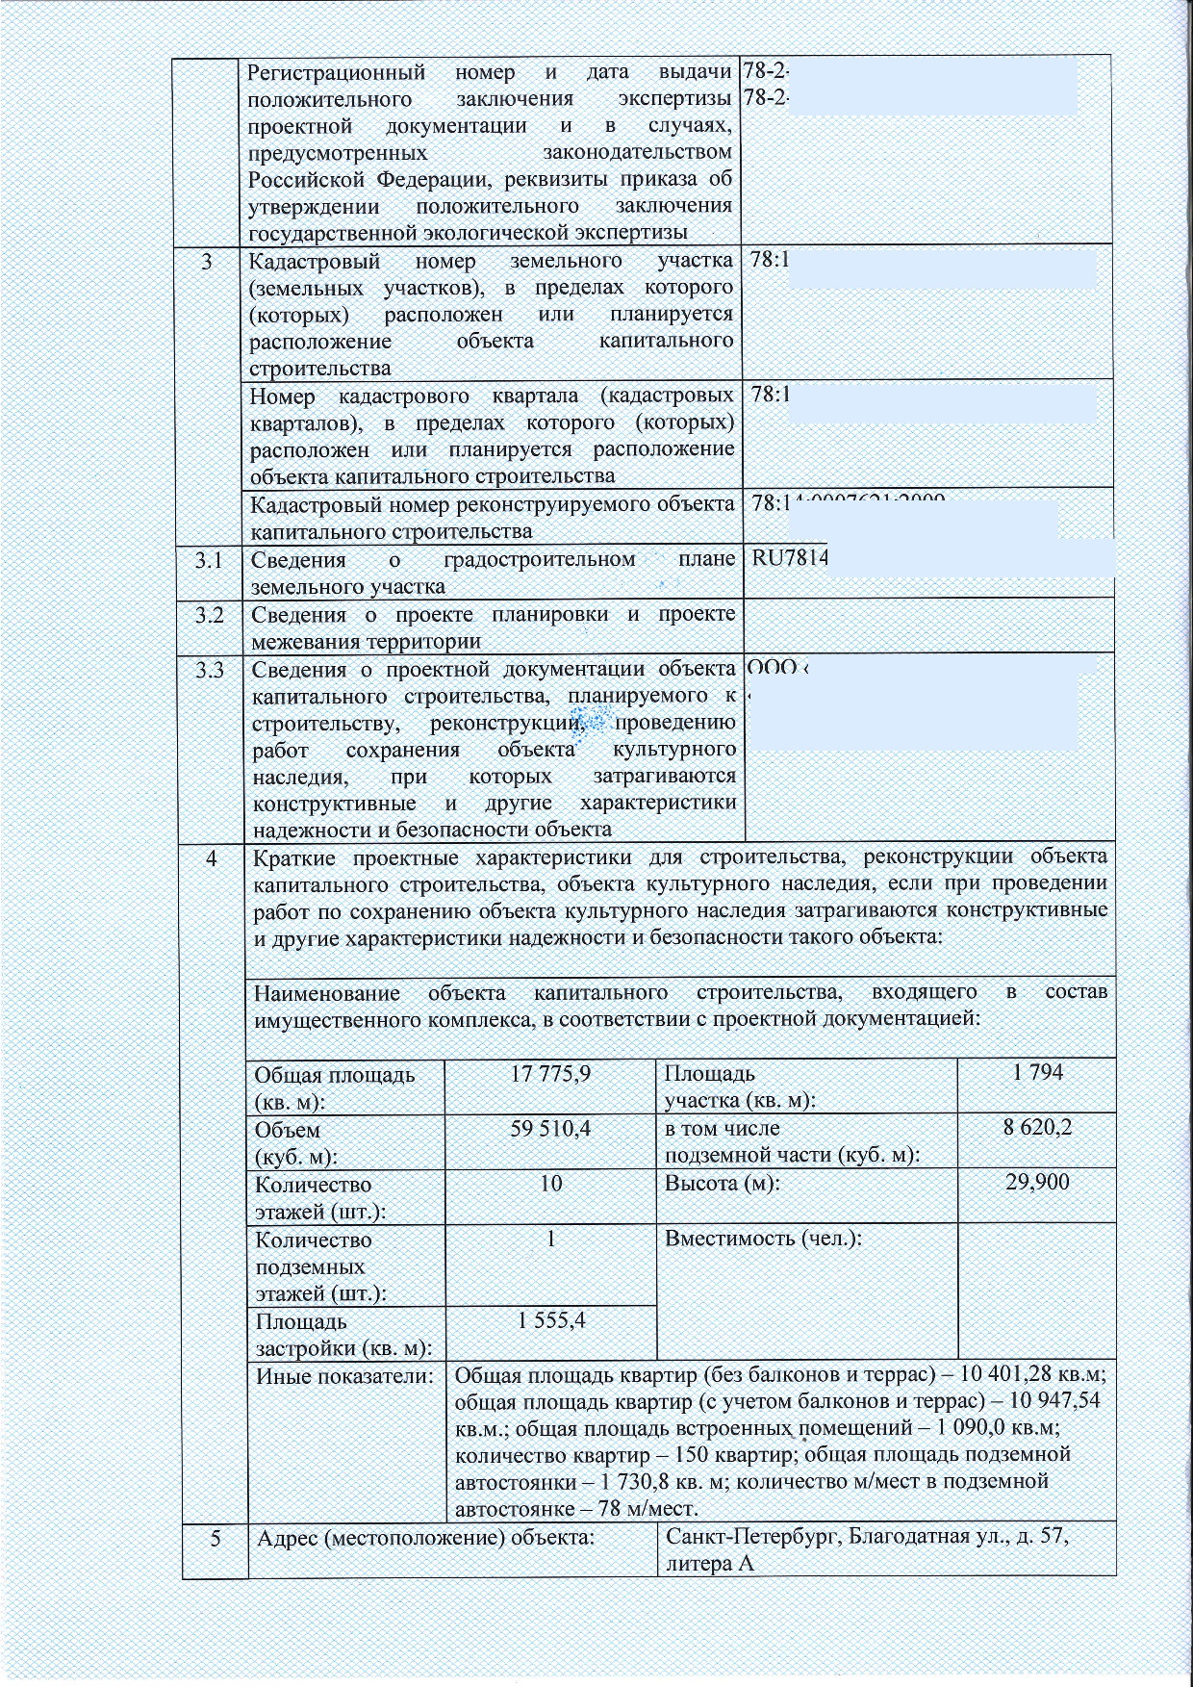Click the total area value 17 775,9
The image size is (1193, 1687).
click(x=550, y=1074)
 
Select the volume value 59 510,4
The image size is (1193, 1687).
click(x=550, y=1129)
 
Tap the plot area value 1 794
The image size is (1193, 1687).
click(x=1037, y=1072)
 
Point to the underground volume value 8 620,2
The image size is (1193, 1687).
click(x=1037, y=1128)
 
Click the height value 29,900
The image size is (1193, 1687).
click(x=1037, y=1182)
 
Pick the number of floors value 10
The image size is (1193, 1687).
click(x=550, y=1183)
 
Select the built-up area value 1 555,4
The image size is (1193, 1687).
click(x=550, y=1320)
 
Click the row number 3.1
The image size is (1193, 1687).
click(x=209, y=559)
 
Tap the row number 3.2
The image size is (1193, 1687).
click(x=209, y=615)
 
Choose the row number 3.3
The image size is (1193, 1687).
click(x=209, y=670)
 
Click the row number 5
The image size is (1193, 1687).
click(x=215, y=1538)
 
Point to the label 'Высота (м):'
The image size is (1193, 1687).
click(x=722, y=1183)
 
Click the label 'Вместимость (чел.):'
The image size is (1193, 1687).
click(x=763, y=1238)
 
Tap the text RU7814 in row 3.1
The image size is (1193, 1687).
click(x=789, y=559)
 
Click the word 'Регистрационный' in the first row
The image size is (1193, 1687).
click(x=337, y=72)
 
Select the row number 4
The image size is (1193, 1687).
click(x=211, y=857)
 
